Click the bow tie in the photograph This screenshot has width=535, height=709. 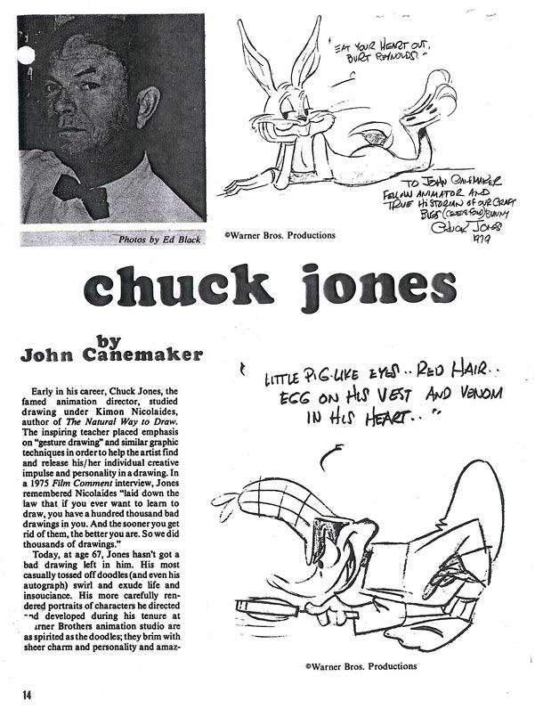(x=81, y=192)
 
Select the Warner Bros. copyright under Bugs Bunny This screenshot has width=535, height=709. (x=280, y=236)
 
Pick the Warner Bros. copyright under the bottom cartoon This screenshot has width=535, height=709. (x=360, y=665)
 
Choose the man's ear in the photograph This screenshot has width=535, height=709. (x=148, y=106)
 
